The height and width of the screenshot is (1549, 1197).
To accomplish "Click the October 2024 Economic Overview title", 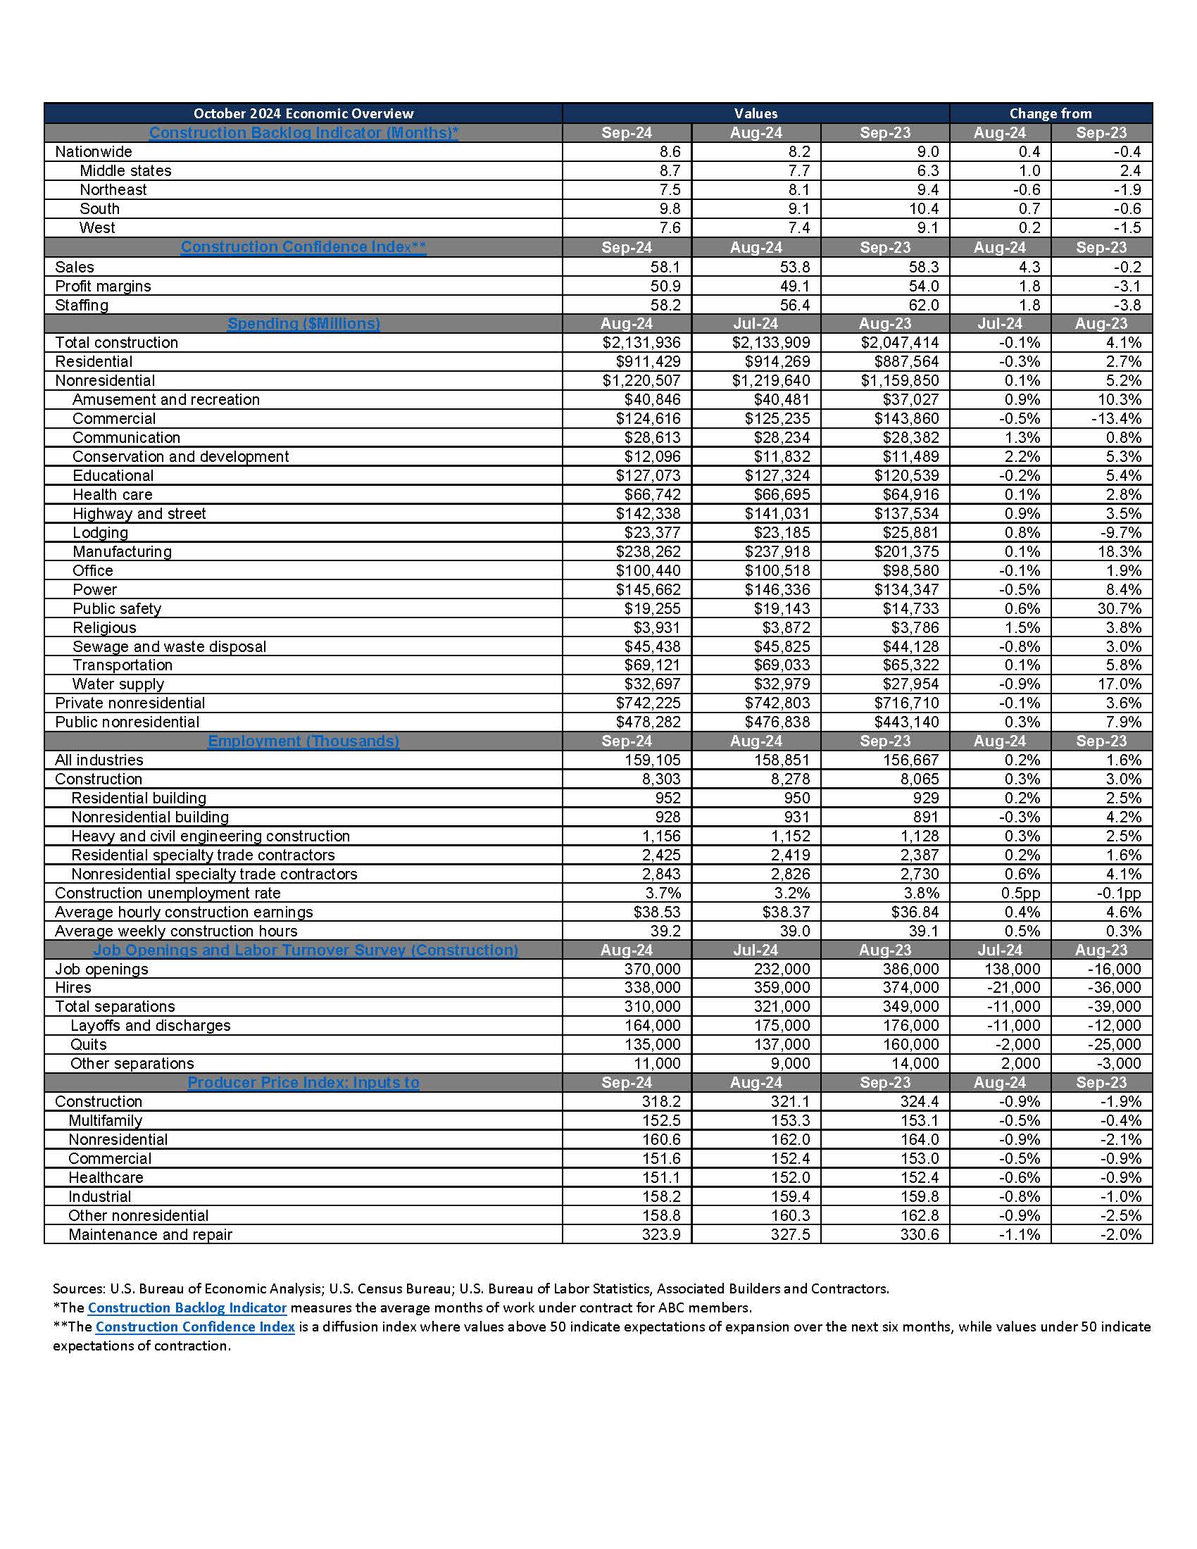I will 303,113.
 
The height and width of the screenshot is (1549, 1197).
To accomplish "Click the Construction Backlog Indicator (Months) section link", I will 303,132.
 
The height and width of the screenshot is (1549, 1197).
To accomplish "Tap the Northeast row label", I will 113,190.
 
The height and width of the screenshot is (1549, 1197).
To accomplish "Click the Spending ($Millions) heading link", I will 303,323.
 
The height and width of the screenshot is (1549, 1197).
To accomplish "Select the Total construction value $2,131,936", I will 641,343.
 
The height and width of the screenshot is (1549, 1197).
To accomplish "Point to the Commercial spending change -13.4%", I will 1115,418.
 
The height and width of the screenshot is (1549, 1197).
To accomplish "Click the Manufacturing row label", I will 121,552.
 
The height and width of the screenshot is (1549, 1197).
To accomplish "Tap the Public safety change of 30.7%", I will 1118,608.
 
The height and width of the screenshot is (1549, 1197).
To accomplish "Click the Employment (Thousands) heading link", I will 303,741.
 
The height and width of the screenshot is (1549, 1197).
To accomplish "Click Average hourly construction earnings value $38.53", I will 657,913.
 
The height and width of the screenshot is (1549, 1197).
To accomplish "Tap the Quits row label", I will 88,1045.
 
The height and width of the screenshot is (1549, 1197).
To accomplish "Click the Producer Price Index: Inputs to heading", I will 303,1083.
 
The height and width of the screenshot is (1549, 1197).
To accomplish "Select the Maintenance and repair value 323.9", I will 660,1235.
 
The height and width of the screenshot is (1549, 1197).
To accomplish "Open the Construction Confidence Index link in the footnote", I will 195,1327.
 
